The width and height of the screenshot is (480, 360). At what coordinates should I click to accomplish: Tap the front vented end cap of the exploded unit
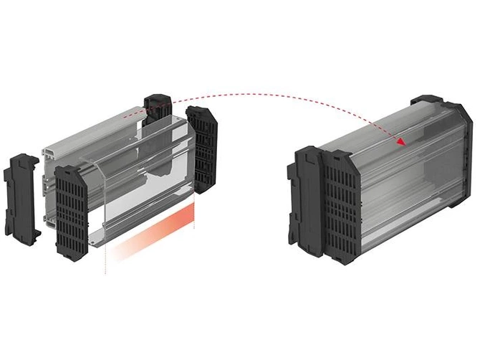(x=73, y=207)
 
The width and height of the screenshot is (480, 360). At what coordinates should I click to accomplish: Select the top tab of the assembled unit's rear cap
(x=430, y=99)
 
